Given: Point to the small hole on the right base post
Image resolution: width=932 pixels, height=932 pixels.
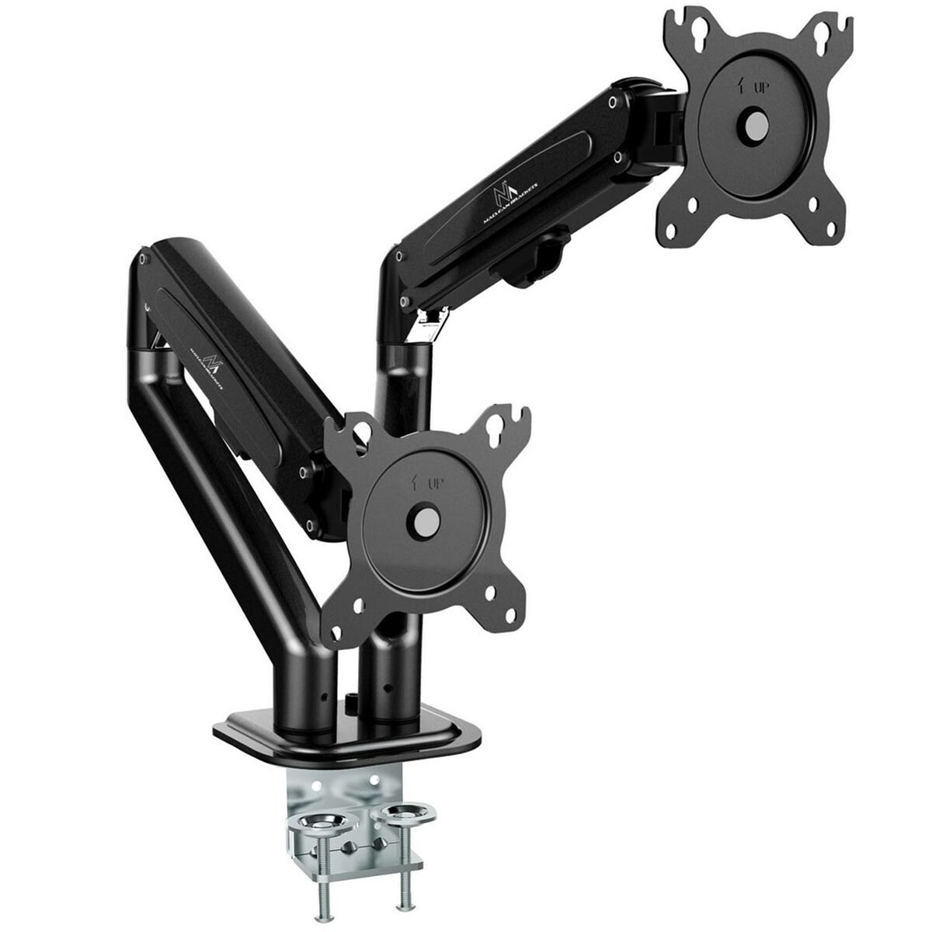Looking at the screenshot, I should (386, 686).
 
